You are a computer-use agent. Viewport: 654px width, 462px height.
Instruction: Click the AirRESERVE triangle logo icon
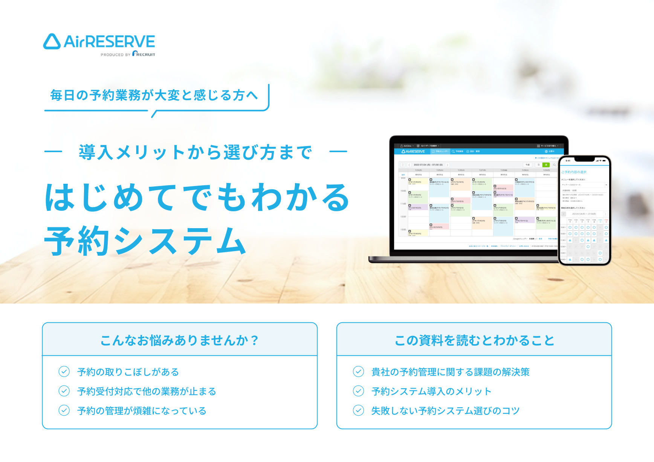[x=52, y=42]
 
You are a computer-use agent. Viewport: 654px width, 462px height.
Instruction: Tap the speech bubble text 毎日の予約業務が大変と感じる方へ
[x=154, y=96]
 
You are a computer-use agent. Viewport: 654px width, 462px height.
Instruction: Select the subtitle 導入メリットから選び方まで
[x=195, y=152]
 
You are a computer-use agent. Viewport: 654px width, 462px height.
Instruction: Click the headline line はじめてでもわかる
[x=197, y=197]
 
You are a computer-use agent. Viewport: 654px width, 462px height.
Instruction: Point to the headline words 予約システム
[x=145, y=241]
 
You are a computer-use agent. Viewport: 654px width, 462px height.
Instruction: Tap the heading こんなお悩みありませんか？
[x=179, y=340]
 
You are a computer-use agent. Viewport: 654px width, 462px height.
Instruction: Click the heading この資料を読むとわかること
[x=474, y=340]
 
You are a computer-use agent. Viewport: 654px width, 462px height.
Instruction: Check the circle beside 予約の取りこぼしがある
[x=64, y=372]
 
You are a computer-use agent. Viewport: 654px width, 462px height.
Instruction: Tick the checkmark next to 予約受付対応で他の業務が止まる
[x=64, y=391]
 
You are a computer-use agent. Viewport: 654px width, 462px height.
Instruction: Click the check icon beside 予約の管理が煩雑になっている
[x=64, y=410]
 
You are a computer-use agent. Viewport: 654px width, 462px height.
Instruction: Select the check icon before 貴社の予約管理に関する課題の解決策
[x=358, y=372]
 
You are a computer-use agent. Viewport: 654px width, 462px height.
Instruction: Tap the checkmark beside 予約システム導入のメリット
[x=358, y=391]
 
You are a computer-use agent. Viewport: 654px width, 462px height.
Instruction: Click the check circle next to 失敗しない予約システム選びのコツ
[x=358, y=410]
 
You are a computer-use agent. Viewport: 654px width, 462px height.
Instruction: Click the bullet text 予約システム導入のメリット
[x=431, y=392]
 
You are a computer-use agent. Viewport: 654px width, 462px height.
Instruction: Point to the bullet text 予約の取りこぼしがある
[x=128, y=372]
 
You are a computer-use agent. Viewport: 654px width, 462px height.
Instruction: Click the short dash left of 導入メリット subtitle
[x=53, y=151]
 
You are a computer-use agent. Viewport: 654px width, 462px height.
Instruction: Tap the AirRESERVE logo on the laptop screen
[x=413, y=151]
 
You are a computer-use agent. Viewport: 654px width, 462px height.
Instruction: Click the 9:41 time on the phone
[x=568, y=161]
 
